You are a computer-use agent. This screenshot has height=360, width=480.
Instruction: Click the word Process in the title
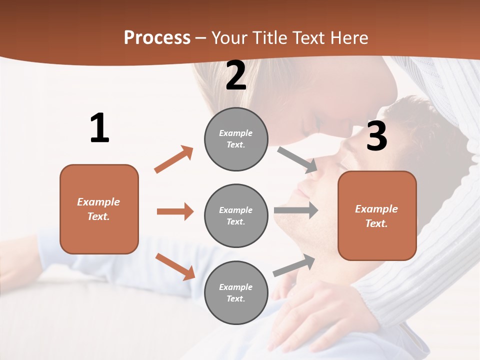pos(157,38)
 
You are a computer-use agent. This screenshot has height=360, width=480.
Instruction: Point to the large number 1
pos(99,128)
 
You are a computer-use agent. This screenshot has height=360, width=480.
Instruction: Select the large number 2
pos(236,76)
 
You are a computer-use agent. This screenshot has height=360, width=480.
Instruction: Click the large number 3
pos(376,136)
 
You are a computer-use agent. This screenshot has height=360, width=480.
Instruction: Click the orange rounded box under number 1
pos(99,209)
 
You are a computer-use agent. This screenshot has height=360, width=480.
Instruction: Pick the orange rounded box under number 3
pos(377,215)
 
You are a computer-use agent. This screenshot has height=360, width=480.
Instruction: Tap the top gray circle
pos(236,139)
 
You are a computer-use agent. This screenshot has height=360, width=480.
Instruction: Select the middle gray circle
pos(236,215)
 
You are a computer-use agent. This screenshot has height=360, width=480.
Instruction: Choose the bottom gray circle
pos(236,292)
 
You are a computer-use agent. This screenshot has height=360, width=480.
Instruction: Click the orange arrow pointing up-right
pos(174,159)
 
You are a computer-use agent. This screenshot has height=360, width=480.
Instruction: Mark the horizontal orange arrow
pos(175,211)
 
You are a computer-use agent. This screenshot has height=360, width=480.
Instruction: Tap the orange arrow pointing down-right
pos(175,266)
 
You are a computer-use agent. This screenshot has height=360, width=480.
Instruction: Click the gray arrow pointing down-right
pos(297,159)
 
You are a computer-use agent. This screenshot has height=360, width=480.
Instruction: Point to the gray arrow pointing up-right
pos(294,265)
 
